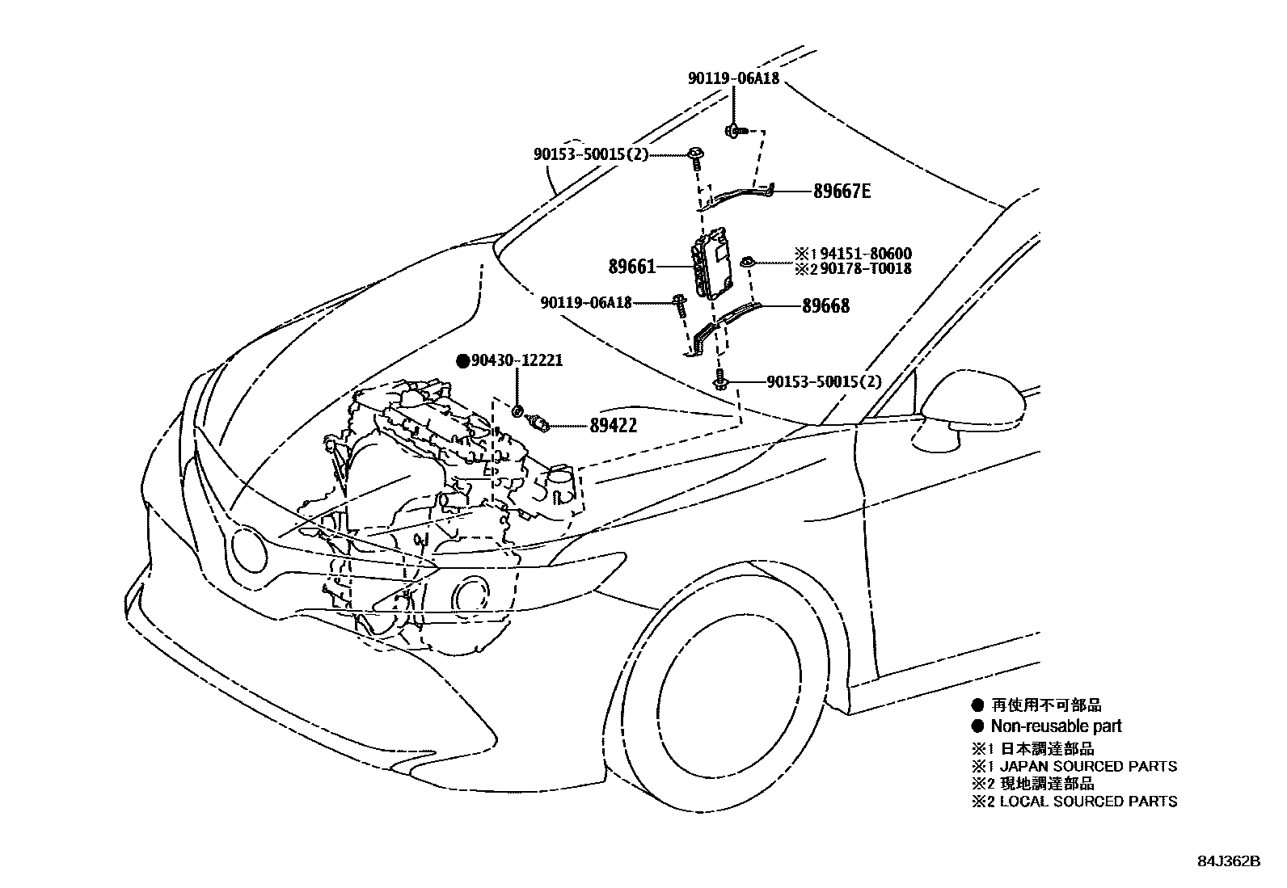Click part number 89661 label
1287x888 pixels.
(x=632, y=266)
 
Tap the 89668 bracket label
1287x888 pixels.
(x=825, y=306)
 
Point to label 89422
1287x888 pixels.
(x=613, y=426)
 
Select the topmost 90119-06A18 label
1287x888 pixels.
(x=734, y=78)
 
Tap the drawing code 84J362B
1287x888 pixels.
(x=1229, y=861)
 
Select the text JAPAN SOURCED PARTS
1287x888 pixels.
(x=1088, y=766)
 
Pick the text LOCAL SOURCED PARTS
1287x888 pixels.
(x=1088, y=802)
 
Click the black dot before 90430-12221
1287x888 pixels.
(x=463, y=361)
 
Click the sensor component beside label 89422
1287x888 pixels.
(x=538, y=423)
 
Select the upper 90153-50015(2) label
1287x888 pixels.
(x=591, y=154)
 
